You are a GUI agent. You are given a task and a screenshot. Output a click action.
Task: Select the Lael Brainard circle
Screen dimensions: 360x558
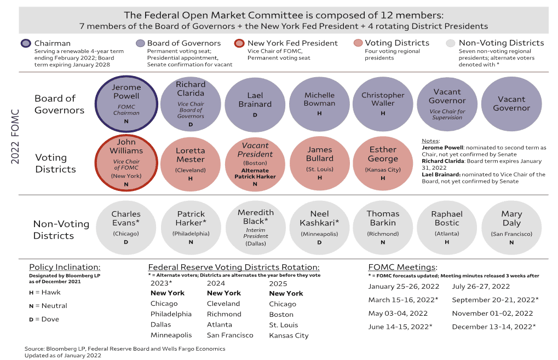point(255,104)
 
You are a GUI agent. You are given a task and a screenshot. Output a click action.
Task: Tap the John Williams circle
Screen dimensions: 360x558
point(126,162)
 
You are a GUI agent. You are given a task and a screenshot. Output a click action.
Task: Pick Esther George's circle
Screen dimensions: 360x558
point(383,162)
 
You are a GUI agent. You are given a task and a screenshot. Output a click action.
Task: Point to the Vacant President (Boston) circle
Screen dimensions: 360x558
point(255,162)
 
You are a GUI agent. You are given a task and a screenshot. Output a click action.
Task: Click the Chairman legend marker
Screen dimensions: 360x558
point(26,44)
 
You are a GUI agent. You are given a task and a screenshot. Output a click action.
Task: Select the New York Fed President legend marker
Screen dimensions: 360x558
point(239,44)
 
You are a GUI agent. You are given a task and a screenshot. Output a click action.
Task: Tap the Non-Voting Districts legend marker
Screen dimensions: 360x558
point(450,44)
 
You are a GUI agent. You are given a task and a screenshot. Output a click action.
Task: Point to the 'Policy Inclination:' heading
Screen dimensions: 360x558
point(65,268)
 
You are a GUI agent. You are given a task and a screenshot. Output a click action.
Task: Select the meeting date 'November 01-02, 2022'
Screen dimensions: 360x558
point(492,313)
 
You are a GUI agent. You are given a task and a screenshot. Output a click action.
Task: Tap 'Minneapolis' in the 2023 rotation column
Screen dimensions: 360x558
point(171,335)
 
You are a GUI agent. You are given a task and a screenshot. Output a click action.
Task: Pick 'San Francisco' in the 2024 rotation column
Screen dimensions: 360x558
point(230,335)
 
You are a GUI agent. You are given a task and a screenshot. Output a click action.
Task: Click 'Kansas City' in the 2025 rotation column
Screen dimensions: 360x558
point(289,335)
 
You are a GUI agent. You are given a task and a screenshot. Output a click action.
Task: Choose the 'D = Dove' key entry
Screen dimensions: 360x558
point(44,319)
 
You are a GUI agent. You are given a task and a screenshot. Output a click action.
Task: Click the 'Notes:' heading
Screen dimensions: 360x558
point(432,141)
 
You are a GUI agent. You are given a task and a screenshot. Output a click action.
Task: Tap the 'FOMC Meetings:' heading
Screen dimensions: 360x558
point(402,268)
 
